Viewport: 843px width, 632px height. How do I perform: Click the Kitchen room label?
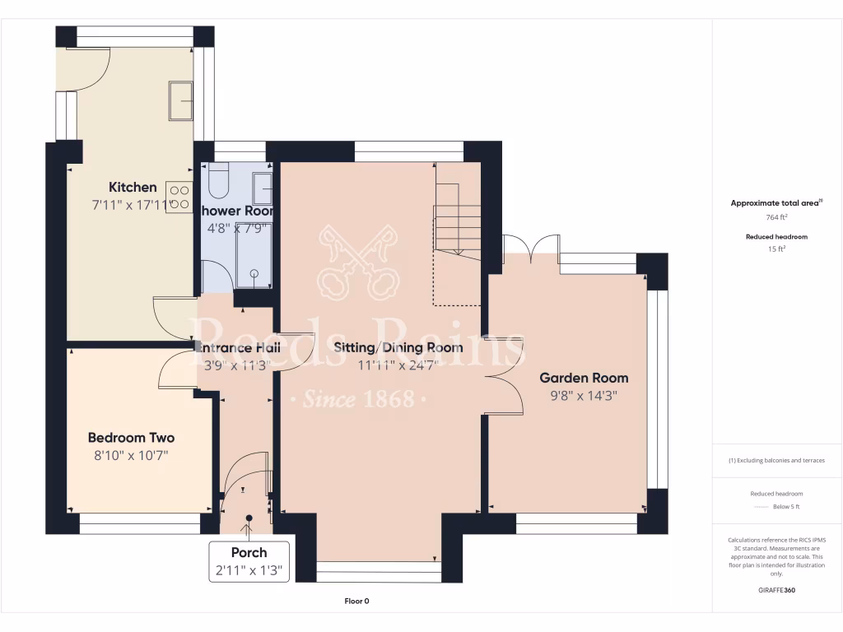[x=133, y=188]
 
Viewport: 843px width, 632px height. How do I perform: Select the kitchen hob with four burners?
[x=179, y=197]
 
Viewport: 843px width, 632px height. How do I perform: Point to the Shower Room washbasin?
[x=264, y=188]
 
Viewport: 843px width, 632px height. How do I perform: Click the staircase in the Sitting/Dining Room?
[x=457, y=222]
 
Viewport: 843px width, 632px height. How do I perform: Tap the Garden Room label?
[x=584, y=378]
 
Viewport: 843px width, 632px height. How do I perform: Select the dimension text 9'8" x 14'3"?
[x=584, y=395]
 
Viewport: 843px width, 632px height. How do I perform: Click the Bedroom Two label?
[x=131, y=438]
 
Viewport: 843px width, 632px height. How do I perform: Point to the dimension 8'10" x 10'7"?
[x=131, y=455]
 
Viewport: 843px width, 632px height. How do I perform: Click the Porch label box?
[x=249, y=561]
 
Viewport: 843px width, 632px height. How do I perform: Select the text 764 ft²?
[x=777, y=218]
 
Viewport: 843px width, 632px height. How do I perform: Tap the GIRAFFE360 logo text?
[x=778, y=590]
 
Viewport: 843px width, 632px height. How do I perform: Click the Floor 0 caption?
[x=356, y=602]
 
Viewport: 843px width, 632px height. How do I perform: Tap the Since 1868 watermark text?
[x=357, y=400]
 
